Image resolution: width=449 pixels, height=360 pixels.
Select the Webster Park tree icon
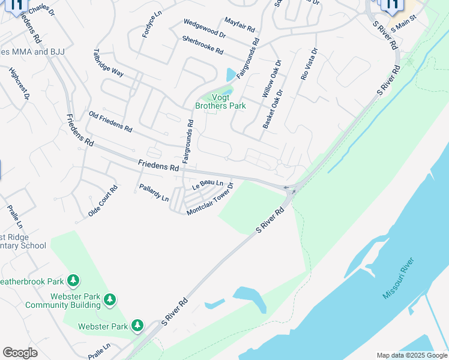click(137, 325)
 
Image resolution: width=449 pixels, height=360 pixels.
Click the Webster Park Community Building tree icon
click(109, 299)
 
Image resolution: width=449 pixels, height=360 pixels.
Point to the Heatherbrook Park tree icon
click(73, 280)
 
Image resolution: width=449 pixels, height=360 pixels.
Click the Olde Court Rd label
click(103, 201)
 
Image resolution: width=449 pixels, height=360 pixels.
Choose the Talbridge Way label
click(109, 63)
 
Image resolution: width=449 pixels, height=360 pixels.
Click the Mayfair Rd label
click(240, 25)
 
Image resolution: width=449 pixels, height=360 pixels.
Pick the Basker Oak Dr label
click(273, 109)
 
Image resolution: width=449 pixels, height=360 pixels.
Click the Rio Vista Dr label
click(308, 65)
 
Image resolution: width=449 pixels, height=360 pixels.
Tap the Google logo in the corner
click(20, 353)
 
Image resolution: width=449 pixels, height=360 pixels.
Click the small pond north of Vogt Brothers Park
click(231, 75)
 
